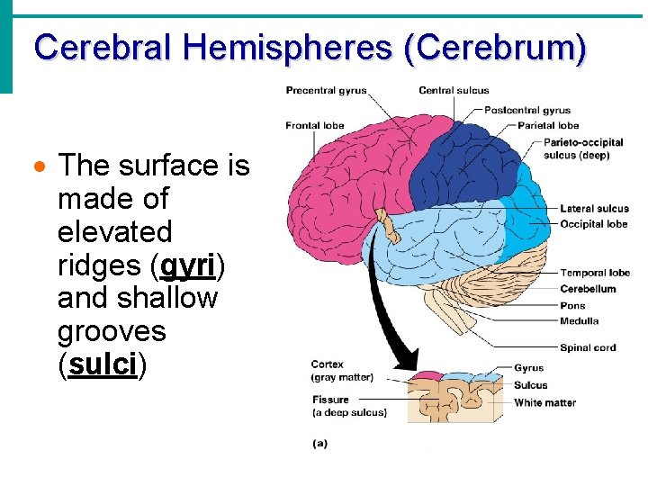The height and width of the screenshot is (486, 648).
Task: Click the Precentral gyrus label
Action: [326, 90]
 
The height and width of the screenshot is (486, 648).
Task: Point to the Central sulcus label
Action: [454, 90]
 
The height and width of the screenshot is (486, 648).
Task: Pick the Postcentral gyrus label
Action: [527, 111]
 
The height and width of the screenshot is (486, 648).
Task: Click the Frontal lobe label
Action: [315, 125]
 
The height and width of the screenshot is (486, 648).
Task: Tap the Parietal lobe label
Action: [548, 125]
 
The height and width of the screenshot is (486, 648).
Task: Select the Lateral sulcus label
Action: [594, 209]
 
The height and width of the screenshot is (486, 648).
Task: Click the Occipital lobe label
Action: [593, 223]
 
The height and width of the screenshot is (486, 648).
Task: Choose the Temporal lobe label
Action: [595, 273]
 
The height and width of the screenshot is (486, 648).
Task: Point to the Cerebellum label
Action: [588, 289]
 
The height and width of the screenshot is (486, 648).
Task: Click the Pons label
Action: [572, 306]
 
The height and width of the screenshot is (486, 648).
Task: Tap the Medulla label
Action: [579, 321]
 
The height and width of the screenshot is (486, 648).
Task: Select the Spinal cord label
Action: [588, 347]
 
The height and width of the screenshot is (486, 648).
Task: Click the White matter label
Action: [544, 403]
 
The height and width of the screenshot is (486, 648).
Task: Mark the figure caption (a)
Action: [319, 443]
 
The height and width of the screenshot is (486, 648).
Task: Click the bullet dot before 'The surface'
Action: [37, 167]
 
